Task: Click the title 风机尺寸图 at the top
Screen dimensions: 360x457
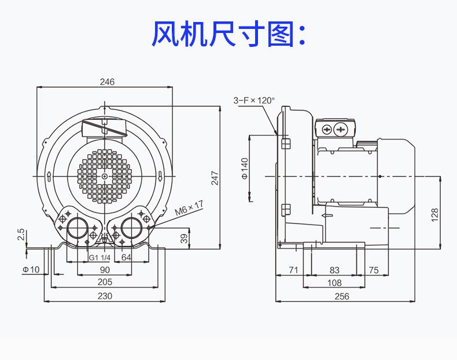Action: (228, 34)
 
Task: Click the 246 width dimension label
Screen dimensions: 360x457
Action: (107, 82)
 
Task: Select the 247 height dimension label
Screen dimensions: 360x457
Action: (214, 178)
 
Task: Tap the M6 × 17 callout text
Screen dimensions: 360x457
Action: (189, 207)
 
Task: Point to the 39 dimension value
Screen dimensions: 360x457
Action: (183, 238)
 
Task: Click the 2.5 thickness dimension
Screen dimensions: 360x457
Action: (21, 234)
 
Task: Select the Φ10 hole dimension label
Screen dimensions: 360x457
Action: (31, 270)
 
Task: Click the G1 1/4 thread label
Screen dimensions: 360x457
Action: (99, 258)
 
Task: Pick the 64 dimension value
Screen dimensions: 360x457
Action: (126, 258)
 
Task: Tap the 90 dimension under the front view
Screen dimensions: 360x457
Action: (105, 270)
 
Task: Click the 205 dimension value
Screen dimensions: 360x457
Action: (105, 282)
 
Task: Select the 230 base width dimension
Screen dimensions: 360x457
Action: (105, 296)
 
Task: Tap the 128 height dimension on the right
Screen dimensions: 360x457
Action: (434, 214)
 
